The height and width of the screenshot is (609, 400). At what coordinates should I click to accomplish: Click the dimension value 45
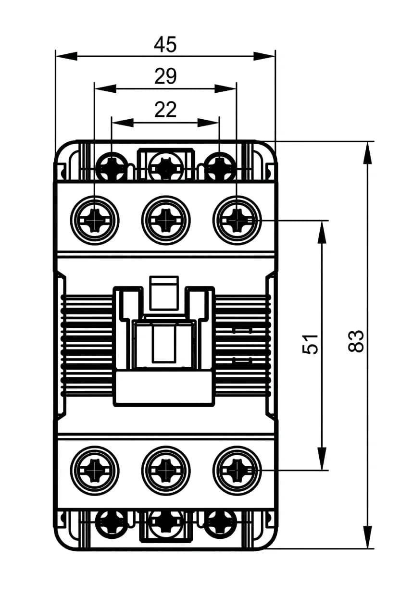[x=165, y=45]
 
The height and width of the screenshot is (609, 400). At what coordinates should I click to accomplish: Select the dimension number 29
[x=165, y=76]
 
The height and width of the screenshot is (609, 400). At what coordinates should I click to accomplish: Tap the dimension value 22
[x=165, y=110]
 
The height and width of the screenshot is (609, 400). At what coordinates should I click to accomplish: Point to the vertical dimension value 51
[x=310, y=344]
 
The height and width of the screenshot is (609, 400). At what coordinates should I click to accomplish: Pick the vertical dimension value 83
[x=356, y=341]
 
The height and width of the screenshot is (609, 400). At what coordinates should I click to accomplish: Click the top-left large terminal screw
[x=95, y=220]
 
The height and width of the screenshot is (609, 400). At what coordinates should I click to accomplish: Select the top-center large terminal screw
[x=166, y=220]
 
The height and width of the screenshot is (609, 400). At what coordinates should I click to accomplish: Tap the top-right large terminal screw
[x=237, y=220]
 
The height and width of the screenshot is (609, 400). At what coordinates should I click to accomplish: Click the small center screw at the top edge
[x=165, y=166]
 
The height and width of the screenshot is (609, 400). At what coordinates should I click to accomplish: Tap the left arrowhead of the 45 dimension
[x=66, y=57]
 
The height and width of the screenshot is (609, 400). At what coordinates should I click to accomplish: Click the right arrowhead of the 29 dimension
[x=225, y=88]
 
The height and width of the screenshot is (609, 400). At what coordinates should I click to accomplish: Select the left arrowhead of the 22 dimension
[x=123, y=123]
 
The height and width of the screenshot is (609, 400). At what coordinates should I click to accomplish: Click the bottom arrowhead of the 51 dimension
[x=322, y=459]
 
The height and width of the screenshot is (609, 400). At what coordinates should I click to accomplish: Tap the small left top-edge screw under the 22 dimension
[x=112, y=166]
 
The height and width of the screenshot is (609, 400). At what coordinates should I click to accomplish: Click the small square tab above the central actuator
[x=164, y=293]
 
